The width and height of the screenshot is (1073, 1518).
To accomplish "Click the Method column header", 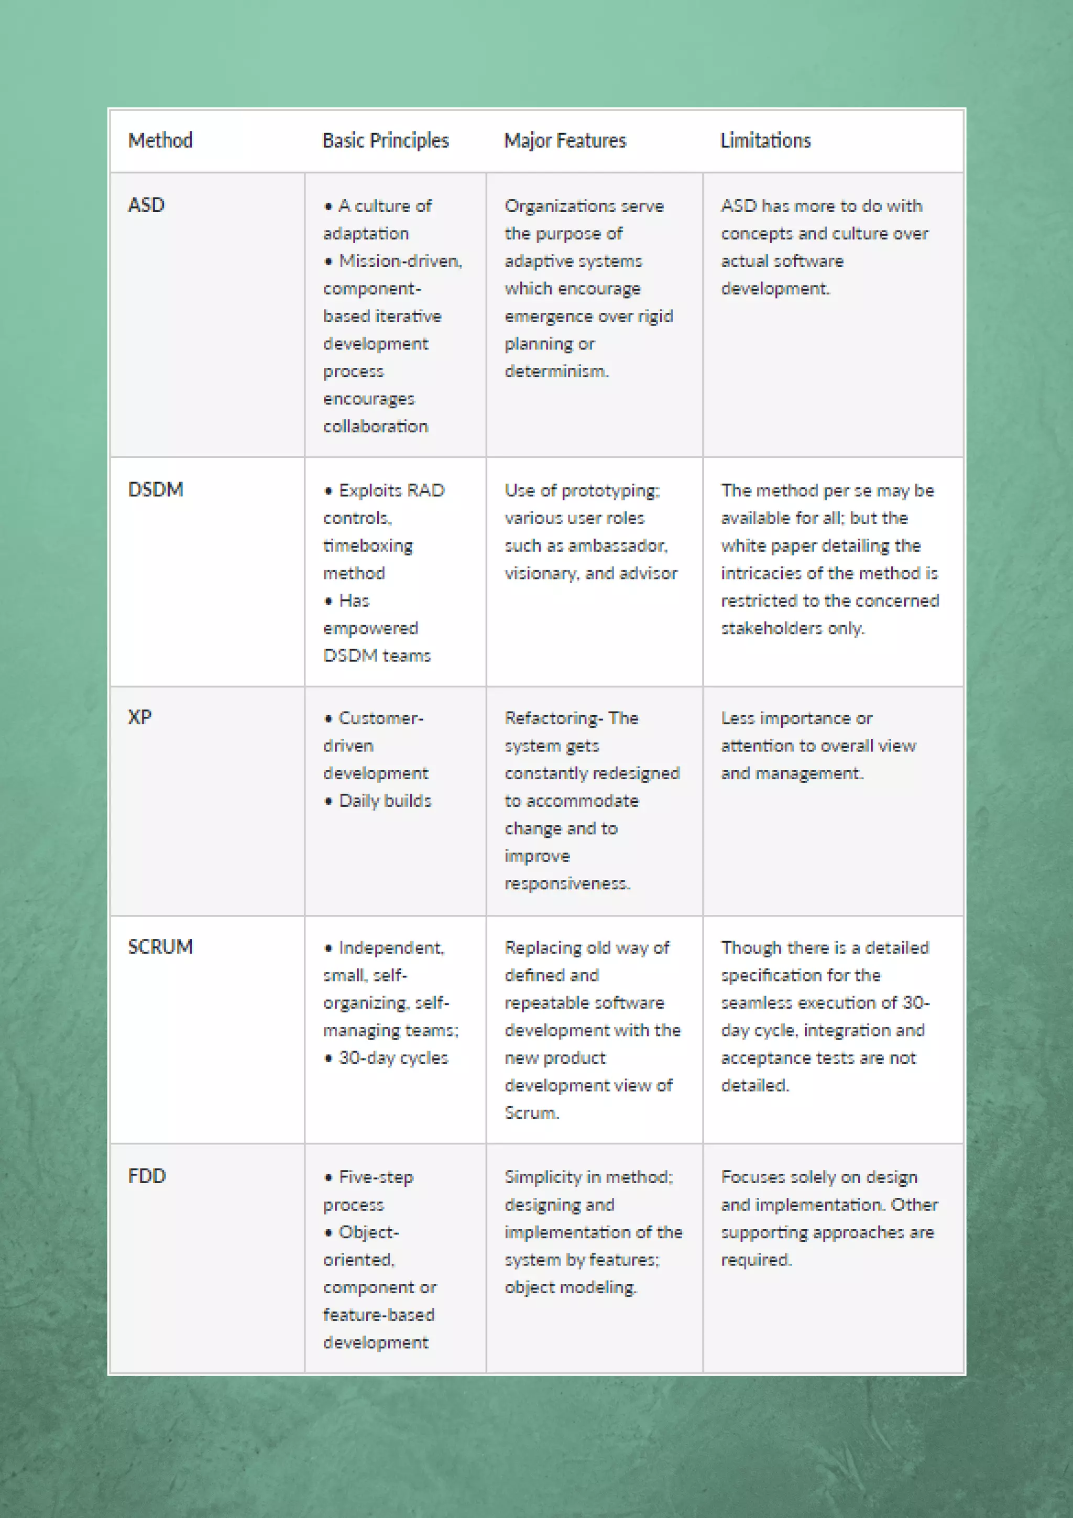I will pyautogui.click(x=160, y=140).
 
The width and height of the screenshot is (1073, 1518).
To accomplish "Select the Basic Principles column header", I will pyautogui.click(x=386, y=140).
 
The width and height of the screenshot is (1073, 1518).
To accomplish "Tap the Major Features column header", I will pyautogui.click(x=565, y=140).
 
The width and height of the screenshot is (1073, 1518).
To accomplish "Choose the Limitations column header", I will pyautogui.click(x=765, y=140).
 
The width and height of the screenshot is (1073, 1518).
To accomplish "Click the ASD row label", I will pyautogui.click(x=146, y=205).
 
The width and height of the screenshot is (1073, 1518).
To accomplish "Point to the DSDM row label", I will pyautogui.click(x=156, y=489).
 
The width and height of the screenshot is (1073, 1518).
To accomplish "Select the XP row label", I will pyautogui.click(x=139, y=717).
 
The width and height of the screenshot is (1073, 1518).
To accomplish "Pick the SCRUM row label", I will pyautogui.click(x=160, y=947).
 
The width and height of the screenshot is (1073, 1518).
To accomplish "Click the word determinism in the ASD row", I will pyautogui.click(x=556, y=371).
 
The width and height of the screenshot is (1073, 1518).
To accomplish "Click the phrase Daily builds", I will pyautogui.click(x=385, y=801).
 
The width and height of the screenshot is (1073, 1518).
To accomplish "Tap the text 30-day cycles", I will pyautogui.click(x=393, y=1058).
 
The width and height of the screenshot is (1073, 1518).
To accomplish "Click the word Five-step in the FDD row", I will pyautogui.click(x=376, y=1177).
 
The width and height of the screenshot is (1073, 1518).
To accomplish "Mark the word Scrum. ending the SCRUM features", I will pyautogui.click(x=532, y=1113).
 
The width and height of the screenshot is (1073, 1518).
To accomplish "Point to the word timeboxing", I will pyautogui.click(x=368, y=545).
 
